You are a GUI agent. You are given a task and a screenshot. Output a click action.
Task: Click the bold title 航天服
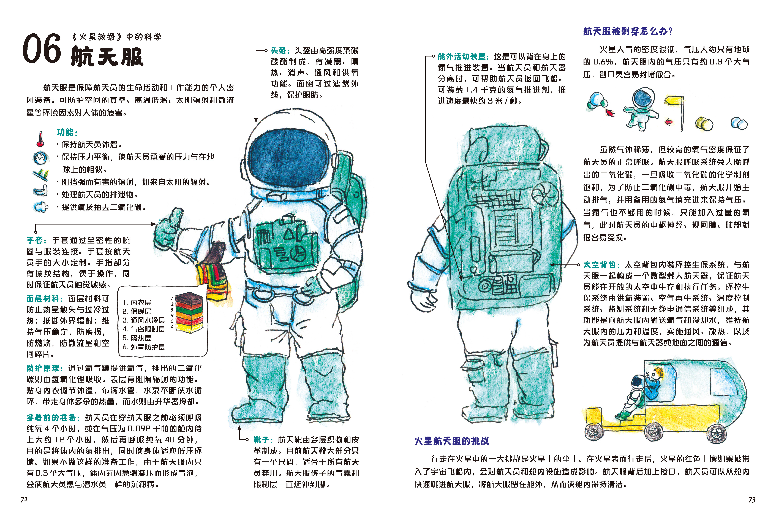point(107,56)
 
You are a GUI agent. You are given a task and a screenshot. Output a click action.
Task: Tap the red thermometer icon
point(40,139)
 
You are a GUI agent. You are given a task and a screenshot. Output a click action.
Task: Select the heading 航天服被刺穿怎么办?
point(627,31)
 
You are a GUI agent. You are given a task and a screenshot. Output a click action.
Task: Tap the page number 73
point(752,500)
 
